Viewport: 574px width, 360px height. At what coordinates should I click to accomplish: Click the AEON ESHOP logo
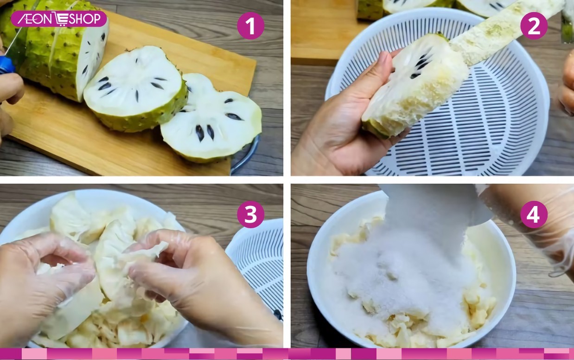tap(58, 19)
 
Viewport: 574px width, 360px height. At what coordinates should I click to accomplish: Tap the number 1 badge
tap(250, 26)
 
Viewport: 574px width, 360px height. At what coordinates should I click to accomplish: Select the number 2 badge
tap(534, 26)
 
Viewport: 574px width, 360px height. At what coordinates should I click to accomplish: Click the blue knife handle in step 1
tap(6, 65)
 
